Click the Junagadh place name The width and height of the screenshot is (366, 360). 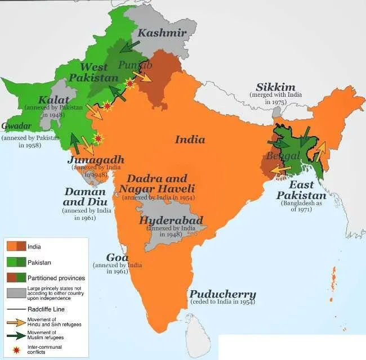[95, 160]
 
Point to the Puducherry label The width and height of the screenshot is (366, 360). [222, 294]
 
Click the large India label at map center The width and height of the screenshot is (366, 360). [190, 139]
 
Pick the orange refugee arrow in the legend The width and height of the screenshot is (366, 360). [16, 323]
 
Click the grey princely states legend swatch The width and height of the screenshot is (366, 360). [16, 294]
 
